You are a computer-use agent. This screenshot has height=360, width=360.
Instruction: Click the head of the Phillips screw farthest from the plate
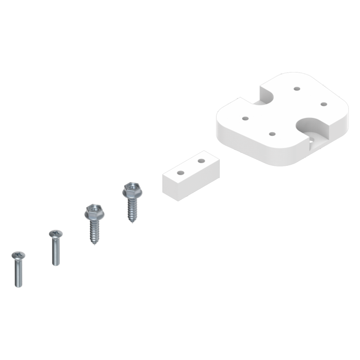(x=18, y=255)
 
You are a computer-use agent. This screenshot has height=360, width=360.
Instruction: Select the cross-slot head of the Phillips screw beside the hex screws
(x=56, y=235)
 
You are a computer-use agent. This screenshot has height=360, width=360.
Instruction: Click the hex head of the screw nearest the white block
(x=132, y=191)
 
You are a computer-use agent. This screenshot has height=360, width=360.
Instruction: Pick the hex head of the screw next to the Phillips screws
(x=94, y=211)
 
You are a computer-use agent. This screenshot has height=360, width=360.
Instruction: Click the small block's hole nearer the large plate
(x=201, y=160)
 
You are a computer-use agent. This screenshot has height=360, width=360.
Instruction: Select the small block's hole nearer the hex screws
(x=180, y=172)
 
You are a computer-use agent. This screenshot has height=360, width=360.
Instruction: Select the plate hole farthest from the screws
(x=323, y=104)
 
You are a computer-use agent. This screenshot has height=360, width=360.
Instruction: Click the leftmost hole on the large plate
(x=245, y=118)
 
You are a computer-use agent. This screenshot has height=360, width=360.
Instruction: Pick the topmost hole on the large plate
(x=297, y=88)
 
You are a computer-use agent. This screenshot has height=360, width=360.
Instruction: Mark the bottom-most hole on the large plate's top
(x=272, y=134)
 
